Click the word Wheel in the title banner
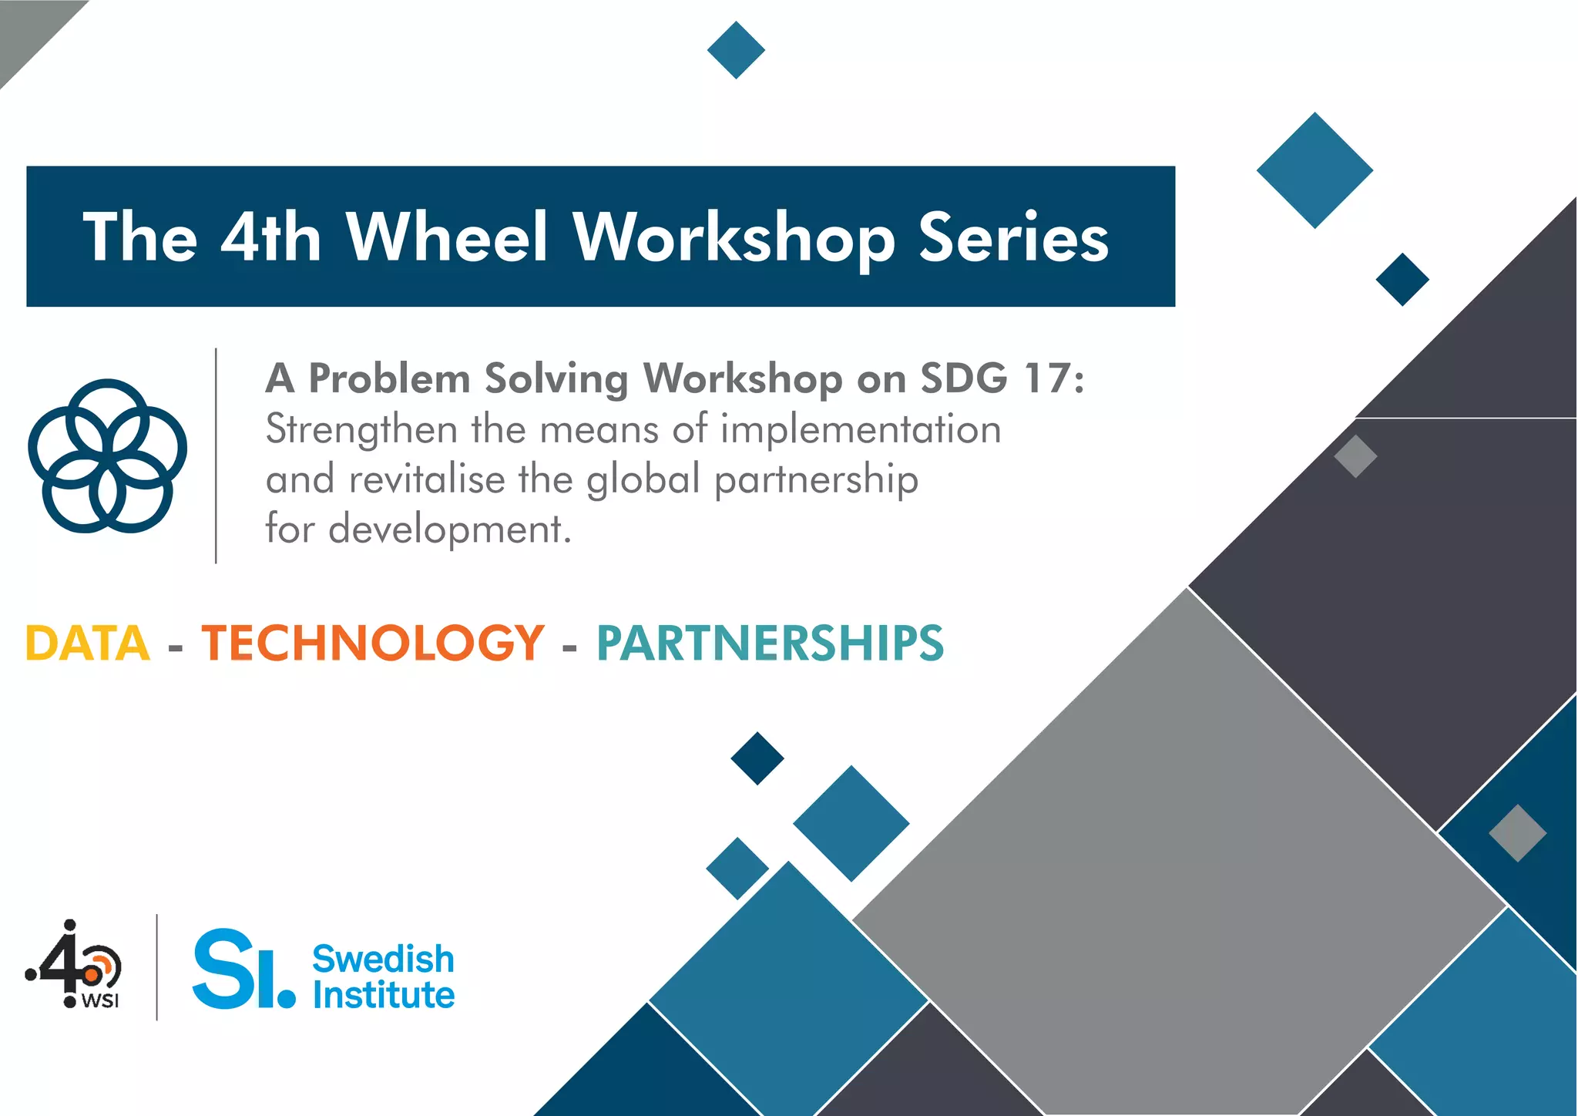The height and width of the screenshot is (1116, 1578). (447, 237)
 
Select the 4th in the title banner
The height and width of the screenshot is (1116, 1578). (270, 237)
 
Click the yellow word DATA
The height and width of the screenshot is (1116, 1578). (88, 643)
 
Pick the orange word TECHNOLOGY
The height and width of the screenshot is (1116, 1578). (373, 643)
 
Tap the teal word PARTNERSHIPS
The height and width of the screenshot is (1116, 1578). (770, 643)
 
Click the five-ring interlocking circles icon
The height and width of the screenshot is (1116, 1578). (107, 455)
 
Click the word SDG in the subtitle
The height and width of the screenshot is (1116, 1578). (964, 378)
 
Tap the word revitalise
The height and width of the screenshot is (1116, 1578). (427, 479)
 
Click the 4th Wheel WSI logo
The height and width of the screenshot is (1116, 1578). (74, 965)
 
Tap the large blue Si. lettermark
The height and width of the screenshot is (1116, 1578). (243, 969)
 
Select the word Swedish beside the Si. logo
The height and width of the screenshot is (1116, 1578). (383, 959)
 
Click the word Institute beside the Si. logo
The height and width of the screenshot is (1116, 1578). (383, 995)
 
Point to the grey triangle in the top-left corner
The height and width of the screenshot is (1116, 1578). (27, 27)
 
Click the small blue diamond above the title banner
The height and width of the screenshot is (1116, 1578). (736, 50)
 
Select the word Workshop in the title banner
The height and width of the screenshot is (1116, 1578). (734, 237)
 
